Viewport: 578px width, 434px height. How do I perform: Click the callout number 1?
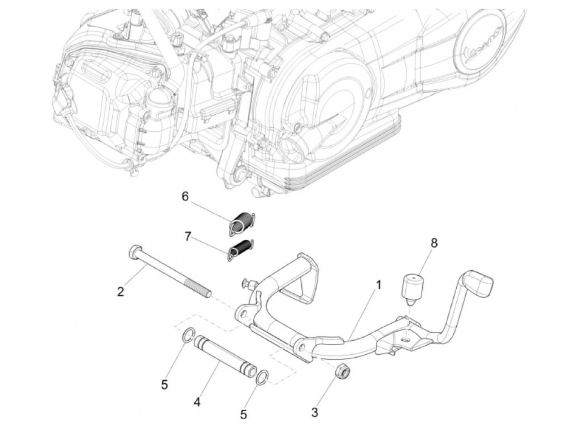point(379,285)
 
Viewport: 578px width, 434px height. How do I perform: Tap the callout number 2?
point(120,292)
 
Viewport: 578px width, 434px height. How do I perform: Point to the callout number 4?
point(197,401)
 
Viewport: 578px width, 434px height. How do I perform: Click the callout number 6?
point(185,196)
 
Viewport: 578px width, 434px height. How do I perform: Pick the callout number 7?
point(188,237)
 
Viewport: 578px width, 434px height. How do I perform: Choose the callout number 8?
point(433,243)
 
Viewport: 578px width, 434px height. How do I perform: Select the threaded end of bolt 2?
point(202,288)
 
